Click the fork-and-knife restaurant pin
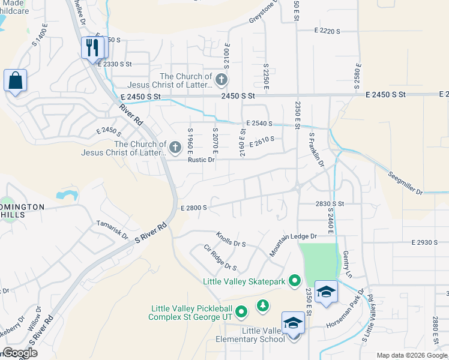92,48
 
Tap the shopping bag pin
15,80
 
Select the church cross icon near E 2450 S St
221,80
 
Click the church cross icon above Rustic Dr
175,147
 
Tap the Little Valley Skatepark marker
294,281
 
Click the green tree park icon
262,306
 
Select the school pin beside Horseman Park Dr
326,292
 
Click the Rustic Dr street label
200,160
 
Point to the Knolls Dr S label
231,239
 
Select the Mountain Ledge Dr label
292,242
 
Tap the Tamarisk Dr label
113,230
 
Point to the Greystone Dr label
265,13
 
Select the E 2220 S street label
327,31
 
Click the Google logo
19,353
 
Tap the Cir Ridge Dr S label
220,257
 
